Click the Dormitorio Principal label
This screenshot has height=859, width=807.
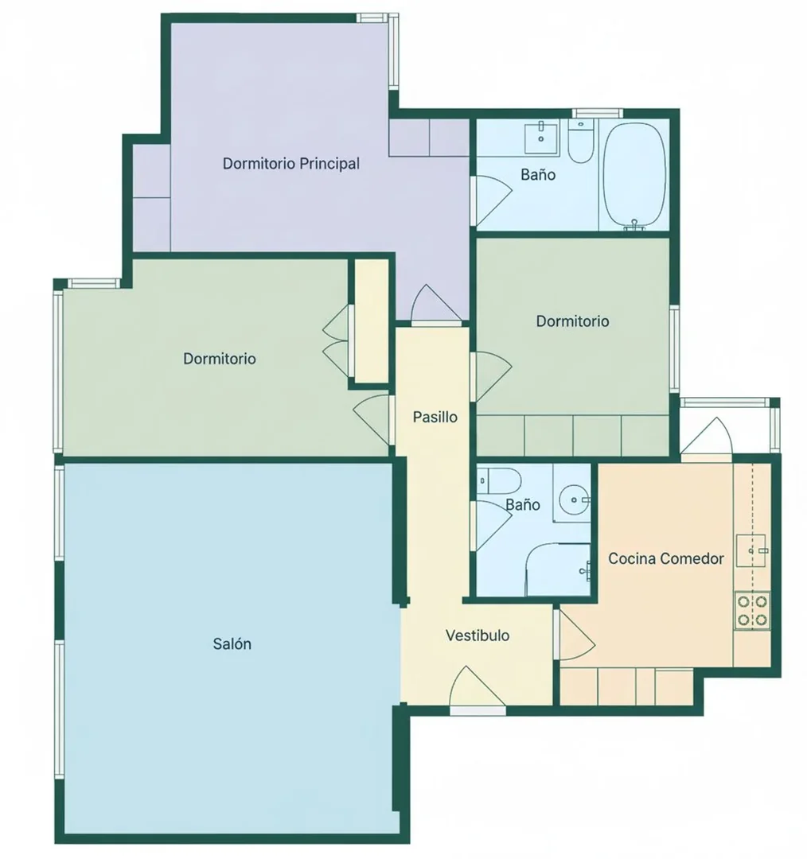pos(291,163)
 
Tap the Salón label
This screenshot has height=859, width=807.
pos(232,643)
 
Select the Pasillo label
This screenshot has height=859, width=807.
pos(435,417)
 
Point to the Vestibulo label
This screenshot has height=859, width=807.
pos(478,636)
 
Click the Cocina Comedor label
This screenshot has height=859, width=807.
pos(666,558)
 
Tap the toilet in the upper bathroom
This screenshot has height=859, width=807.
pos(581,142)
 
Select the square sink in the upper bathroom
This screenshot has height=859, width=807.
pos(541,138)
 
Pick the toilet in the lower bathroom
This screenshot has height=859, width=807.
pos(498,480)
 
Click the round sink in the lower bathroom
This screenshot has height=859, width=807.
pos(574,499)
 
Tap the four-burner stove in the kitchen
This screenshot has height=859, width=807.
pos(751,610)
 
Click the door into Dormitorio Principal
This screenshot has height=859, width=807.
pos(436,305)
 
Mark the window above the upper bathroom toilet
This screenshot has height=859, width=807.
pos(598,114)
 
